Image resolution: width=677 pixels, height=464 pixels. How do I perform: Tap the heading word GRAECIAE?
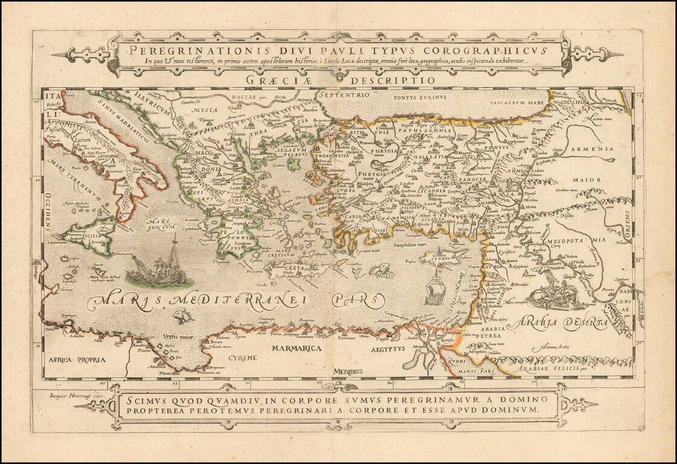[x=285, y=79]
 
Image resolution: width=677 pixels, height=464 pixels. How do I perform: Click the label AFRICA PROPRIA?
[x=74, y=359]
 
